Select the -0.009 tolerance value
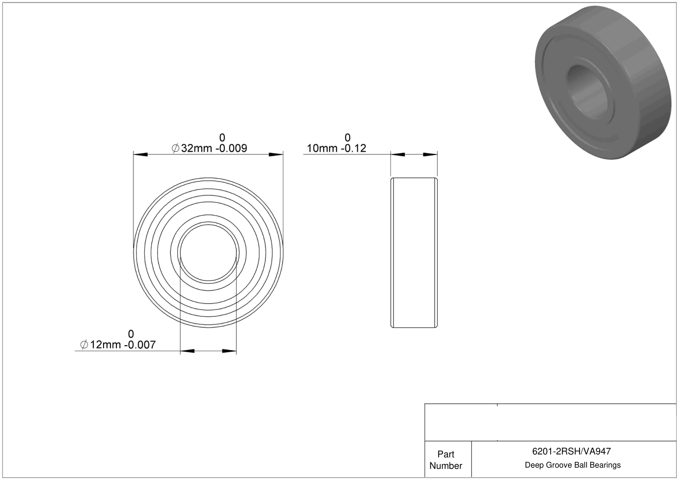(x=231, y=148)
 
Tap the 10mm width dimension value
(x=322, y=148)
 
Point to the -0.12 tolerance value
(x=354, y=148)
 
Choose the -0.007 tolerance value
(x=140, y=345)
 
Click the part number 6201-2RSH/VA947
(x=572, y=451)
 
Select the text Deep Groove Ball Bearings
(x=573, y=465)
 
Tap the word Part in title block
(x=446, y=454)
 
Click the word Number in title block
(x=446, y=466)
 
